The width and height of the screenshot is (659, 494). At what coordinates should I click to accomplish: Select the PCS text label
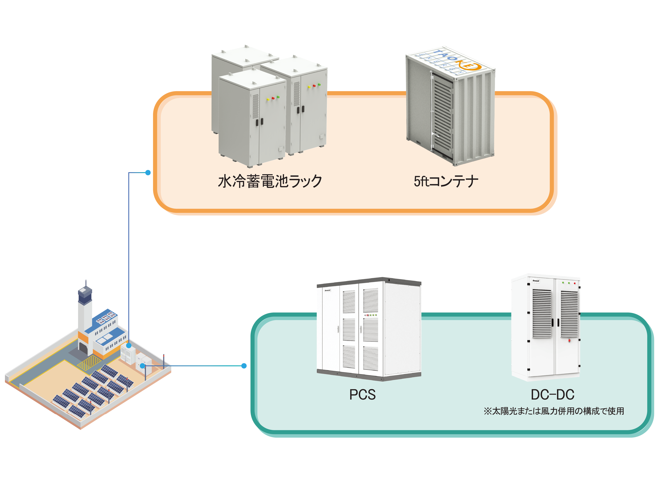pyautogui.click(x=362, y=395)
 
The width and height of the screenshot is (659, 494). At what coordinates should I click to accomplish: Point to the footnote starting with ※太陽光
pyautogui.click(x=553, y=411)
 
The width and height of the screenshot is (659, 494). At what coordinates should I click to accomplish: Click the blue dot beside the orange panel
pyautogui.click(x=148, y=173)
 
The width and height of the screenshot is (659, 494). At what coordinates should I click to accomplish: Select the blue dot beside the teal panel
pyautogui.click(x=244, y=366)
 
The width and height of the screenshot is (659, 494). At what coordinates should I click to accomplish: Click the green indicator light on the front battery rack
pyautogui.click(x=278, y=97)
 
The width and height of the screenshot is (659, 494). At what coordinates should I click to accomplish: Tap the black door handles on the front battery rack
pyautogui.click(x=260, y=122)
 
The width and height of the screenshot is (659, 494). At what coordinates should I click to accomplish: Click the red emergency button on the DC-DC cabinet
pyautogui.click(x=569, y=340)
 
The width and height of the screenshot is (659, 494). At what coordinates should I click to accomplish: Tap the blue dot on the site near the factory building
pyautogui.click(x=129, y=345)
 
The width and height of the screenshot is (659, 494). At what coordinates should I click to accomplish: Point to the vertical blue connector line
pyautogui.click(x=129, y=253)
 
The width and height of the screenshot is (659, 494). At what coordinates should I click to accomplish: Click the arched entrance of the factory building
pyautogui.click(x=83, y=348)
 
